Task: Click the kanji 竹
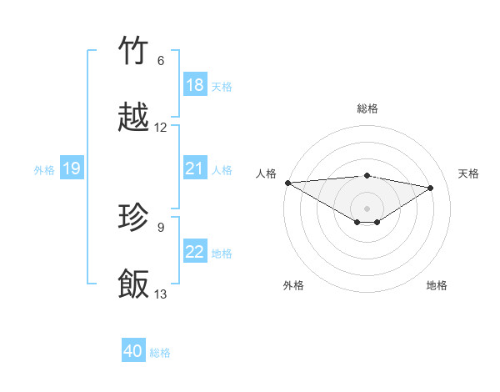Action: click(x=134, y=51)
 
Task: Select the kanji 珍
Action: click(x=134, y=218)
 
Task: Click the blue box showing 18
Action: click(x=195, y=84)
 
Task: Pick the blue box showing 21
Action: click(x=195, y=168)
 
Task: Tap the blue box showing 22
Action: click(x=195, y=252)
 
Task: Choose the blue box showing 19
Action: click(x=72, y=169)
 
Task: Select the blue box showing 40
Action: click(x=133, y=351)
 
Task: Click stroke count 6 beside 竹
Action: click(x=161, y=61)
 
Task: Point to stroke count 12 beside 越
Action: click(x=161, y=128)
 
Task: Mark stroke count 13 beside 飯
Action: click(x=161, y=294)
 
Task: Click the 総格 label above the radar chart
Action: click(x=367, y=108)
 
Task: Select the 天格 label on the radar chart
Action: click(x=468, y=173)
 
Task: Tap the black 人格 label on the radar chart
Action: click(x=266, y=173)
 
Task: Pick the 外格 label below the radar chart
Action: click(x=293, y=285)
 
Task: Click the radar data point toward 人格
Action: click(x=287, y=183)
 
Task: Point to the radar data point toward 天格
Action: click(x=431, y=188)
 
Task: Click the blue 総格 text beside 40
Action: click(x=160, y=353)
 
